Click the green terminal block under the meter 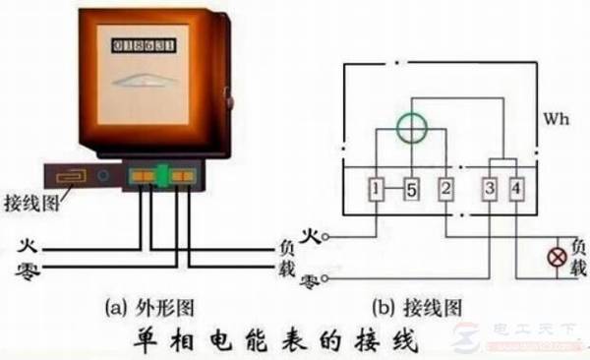[162, 177]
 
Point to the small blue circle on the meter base [103, 178]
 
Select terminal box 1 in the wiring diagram [377, 188]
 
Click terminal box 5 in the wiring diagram [411, 188]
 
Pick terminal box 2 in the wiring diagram [445, 188]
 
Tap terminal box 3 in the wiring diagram [489, 188]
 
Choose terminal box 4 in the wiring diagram [516, 188]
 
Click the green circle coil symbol [411, 127]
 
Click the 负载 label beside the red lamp [578, 257]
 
